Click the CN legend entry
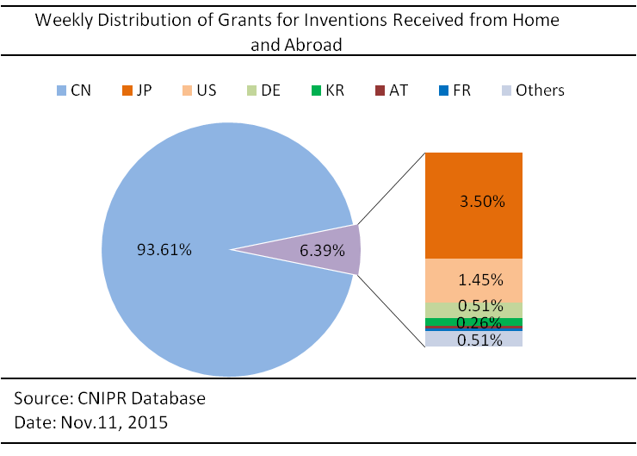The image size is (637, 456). (74, 91)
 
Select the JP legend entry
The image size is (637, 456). (138, 91)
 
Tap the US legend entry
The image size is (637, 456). (200, 91)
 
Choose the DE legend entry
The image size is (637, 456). (263, 91)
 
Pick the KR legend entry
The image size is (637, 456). (328, 91)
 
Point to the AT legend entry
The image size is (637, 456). (391, 91)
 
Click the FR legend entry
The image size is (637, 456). (455, 91)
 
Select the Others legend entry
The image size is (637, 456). (534, 91)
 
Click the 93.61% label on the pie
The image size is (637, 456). (164, 250)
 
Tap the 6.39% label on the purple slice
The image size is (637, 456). (322, 251)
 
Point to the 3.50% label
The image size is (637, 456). (482, 202)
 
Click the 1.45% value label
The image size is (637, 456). (480, 280)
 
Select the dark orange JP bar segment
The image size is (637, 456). (473, 206)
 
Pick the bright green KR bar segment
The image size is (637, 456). (473, 322)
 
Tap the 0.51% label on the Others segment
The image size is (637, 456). (479, 340)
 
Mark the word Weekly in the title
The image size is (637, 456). (64, 21)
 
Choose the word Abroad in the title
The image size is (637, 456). (313, 45)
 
